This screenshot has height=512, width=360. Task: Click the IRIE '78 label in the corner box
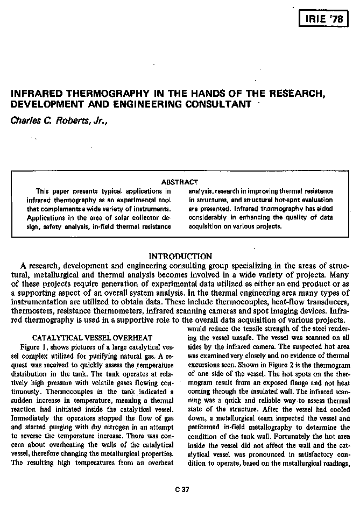pos(323,20)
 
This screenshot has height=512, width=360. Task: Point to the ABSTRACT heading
pos(180,182)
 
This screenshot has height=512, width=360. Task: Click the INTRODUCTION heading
pos(180,257)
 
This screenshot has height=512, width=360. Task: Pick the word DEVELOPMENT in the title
pos(45,104)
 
